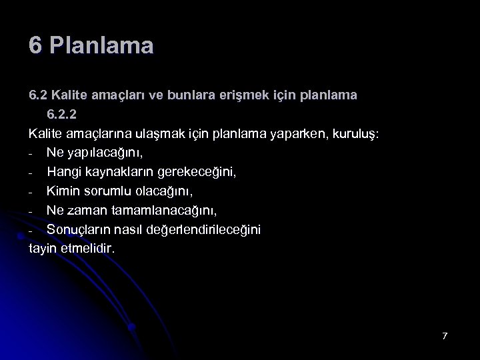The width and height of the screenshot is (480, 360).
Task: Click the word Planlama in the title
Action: point(101,46)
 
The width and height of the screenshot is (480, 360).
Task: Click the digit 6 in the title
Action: point(35,46)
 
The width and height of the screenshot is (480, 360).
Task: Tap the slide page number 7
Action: point(445,335)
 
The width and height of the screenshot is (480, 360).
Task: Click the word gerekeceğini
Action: point(196,172)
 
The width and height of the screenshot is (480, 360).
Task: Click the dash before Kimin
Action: point(31,193)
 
